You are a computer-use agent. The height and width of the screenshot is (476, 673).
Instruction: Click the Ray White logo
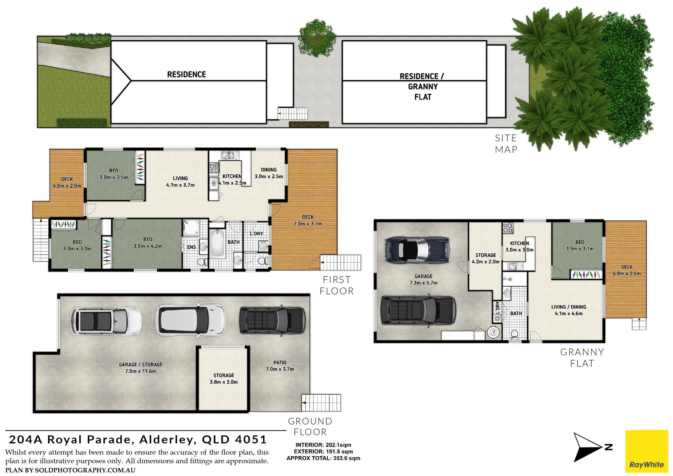click(x=647, y=451)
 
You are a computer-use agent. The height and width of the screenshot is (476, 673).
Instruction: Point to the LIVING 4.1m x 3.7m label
click(x=180, y=182)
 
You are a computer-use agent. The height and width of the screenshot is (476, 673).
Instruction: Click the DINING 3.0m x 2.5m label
click(x=269, y=173)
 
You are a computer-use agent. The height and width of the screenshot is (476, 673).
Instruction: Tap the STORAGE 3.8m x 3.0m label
click(x=224, y=378)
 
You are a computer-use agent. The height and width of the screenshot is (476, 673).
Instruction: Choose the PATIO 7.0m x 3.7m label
click(x=280, y=366)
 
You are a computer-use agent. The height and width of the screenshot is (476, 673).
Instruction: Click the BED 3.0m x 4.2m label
click(x=148, y=243)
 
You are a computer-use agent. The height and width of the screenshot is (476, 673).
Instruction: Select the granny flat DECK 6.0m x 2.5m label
click(x=627, y=270)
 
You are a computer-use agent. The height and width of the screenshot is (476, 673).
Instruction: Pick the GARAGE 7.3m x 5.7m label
click(x=423, y=280)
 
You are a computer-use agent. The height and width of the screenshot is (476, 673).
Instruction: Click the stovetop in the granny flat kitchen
click(x=508, y=228)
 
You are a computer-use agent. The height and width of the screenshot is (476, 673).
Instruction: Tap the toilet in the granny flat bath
click(x=515, y=335)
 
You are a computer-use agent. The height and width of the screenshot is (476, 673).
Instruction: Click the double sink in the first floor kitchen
click(x=230, y=155)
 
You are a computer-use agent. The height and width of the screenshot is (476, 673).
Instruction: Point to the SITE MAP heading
click(x=506, y=144)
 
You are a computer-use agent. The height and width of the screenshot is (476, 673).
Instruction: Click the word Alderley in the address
click(x=166, y=440)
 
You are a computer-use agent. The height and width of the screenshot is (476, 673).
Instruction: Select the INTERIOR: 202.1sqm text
click(x=323, y=445)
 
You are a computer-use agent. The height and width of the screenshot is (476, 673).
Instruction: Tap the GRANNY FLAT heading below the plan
click(x=582, y=358)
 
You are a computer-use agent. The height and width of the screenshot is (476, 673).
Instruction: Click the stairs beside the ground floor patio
click(x=321, y=403)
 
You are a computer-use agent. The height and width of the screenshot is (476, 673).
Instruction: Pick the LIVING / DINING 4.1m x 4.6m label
click(x=569, y=310)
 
